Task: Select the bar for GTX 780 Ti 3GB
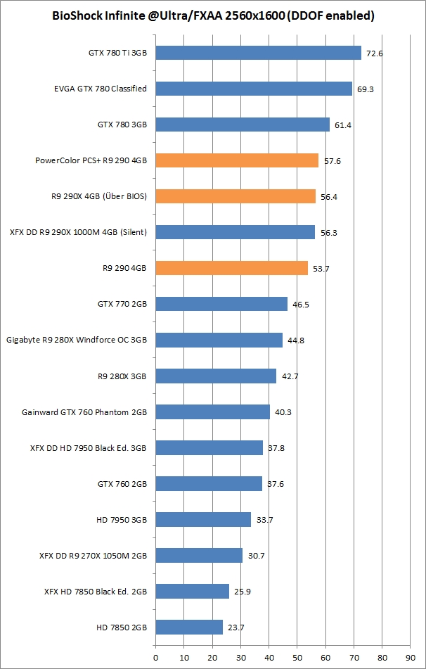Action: (x=258, y=53)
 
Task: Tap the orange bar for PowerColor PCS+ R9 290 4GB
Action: (x=237, y=160)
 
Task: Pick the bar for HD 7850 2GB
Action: (x=189, y=627)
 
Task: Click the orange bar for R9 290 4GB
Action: (x=231, y=268)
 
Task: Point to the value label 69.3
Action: (x=366, y=89)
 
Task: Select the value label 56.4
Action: (x=329, y=197)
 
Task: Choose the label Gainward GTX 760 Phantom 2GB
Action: (x=84, y=412)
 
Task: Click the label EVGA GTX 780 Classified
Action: (x=101, y=89)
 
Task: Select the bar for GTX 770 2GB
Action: (x=221, y=304)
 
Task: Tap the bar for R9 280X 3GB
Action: (x=216, y=376)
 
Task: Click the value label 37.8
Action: (x=276, y=448)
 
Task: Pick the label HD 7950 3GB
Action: (x=122, y=520)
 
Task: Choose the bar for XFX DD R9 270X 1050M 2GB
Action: (x=199, y=555)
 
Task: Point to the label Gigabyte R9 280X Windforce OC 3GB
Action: (x=77, y=340)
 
